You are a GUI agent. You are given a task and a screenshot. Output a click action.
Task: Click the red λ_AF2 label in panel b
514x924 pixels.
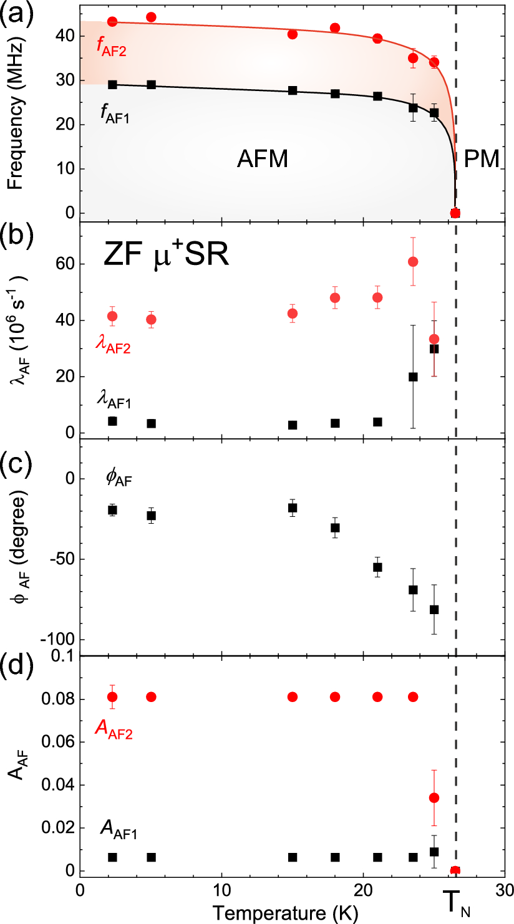(x=113, y=346)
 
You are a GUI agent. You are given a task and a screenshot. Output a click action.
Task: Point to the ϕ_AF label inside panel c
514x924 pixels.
(x=119, y=479)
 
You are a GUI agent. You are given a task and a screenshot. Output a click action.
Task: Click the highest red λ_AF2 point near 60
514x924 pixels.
(x=412, y=261)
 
